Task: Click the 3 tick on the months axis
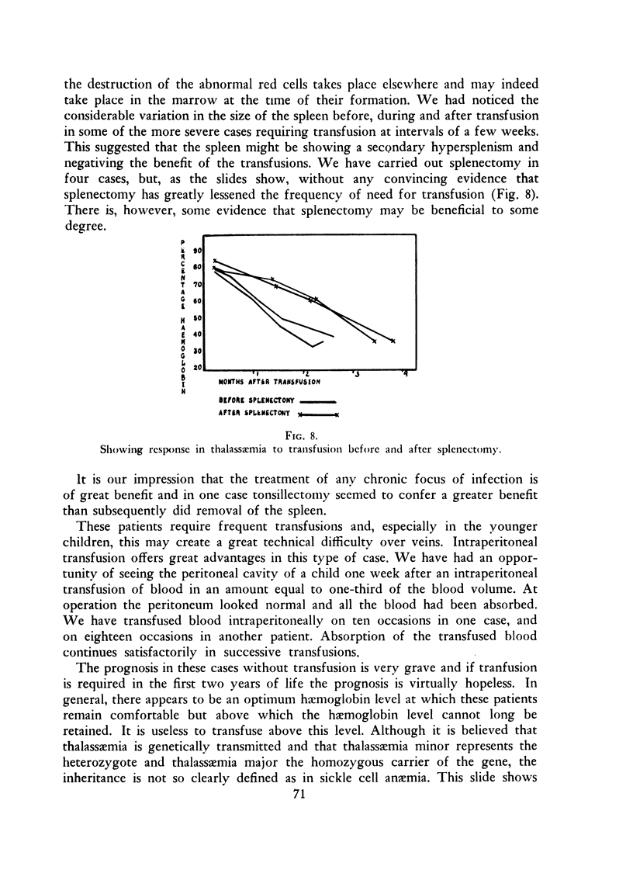coord(356,375)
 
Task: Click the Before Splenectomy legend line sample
coord(317,402)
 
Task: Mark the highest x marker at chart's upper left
coord(215,261)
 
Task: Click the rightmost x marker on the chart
coord(393,341)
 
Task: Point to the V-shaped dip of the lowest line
coord(312,346)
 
